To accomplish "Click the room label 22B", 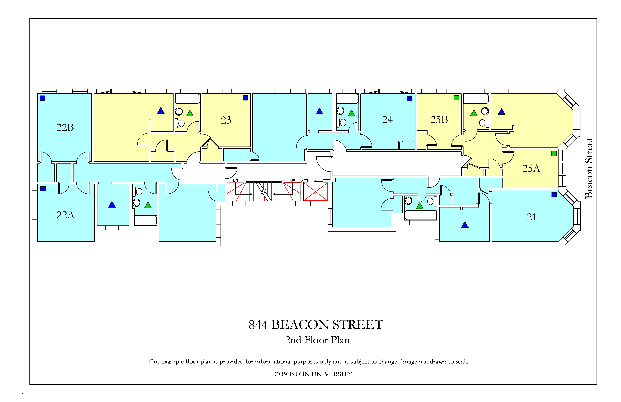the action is point(65,127).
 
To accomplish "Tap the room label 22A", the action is point(65,215).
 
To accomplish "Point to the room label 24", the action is point(387,120).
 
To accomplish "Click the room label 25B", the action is point(439,120).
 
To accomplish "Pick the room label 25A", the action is point(531,168).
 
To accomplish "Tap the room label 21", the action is point(532,217).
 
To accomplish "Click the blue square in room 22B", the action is point(42,98).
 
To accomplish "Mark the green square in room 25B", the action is point(456,98).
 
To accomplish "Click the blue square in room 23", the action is point(245,98).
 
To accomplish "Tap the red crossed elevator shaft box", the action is point(315,192).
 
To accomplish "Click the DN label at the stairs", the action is point(235,180).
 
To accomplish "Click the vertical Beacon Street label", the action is point(589,168).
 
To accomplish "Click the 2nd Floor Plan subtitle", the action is point(317,340).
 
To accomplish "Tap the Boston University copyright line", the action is point(313,374).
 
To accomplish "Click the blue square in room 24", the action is point(409,99).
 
